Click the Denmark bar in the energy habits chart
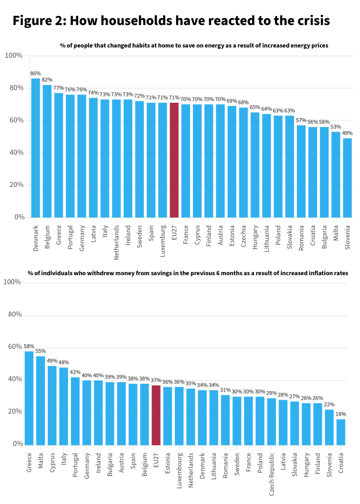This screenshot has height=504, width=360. point(36,148)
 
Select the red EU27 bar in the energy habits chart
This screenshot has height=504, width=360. point(174,160)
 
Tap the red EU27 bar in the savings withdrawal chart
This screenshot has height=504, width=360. point(156,415)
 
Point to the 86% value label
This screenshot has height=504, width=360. point(36,73)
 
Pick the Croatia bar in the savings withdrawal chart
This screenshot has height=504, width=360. point(341,432)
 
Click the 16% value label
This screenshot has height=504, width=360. point(341,414)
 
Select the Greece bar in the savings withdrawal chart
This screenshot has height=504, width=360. point(29,398)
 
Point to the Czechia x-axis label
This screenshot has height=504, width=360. point(244,235)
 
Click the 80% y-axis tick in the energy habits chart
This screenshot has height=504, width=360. point(14,88)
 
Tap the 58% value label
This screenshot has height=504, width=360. point(29,347)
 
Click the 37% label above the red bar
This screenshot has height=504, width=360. point(156,380)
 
